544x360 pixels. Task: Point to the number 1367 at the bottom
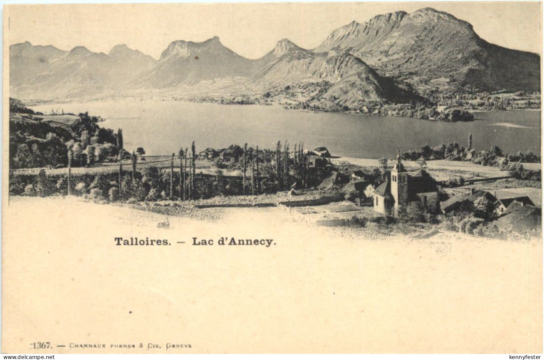point(43,345)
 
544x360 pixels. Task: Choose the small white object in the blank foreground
point(163,223)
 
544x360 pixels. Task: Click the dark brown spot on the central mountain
point(196,58)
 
